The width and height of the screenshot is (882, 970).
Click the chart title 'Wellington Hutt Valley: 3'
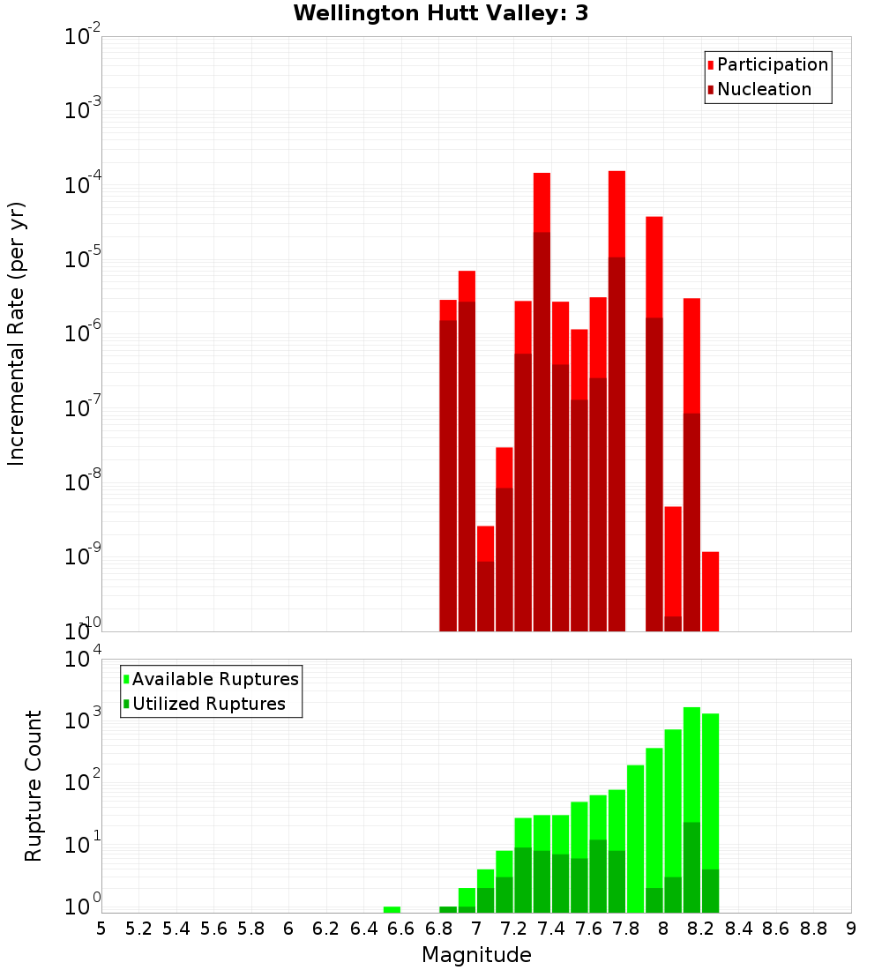440,13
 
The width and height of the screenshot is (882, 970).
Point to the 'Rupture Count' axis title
34,786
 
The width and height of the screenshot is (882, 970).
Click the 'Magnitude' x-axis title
476,955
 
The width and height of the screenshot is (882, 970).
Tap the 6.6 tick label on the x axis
400,928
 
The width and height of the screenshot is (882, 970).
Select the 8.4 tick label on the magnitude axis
738,928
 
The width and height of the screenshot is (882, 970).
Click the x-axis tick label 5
101,928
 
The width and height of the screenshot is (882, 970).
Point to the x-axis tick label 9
851,928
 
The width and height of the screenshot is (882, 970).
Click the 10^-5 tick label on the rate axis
83,259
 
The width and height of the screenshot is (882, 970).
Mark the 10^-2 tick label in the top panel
83,37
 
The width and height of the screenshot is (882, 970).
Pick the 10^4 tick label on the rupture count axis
83,659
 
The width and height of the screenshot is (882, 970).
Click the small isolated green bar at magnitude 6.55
392,909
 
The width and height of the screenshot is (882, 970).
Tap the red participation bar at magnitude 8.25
710,591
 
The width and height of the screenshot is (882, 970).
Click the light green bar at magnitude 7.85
635,838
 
